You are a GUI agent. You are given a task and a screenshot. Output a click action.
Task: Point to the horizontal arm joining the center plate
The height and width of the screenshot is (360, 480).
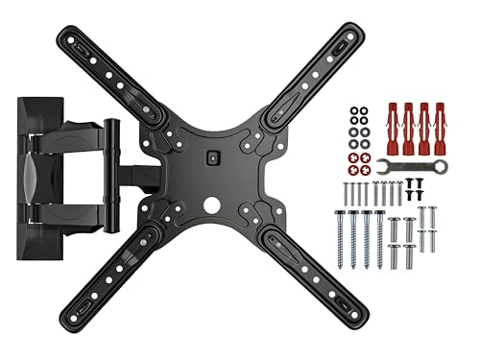click(x=144, y=178)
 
